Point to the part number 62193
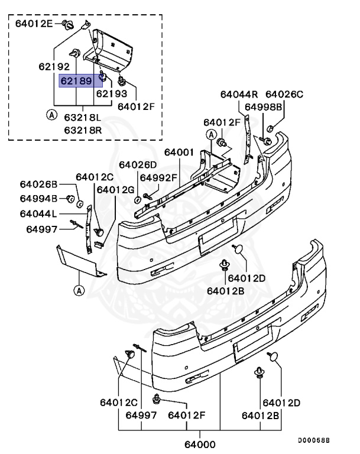pyautogui.click(x=112, y=93)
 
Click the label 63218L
pyautogui.click(x=83, y=118)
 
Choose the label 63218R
pyautogui.click(x=83, y=129)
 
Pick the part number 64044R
pyautogui.click(x=239, y=94)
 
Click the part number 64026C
pyautogui.click(x=284, y=94)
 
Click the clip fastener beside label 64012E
pyautogui.click(x=70, y=25)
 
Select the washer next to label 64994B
pyautogui.click(x=69, y=198)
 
